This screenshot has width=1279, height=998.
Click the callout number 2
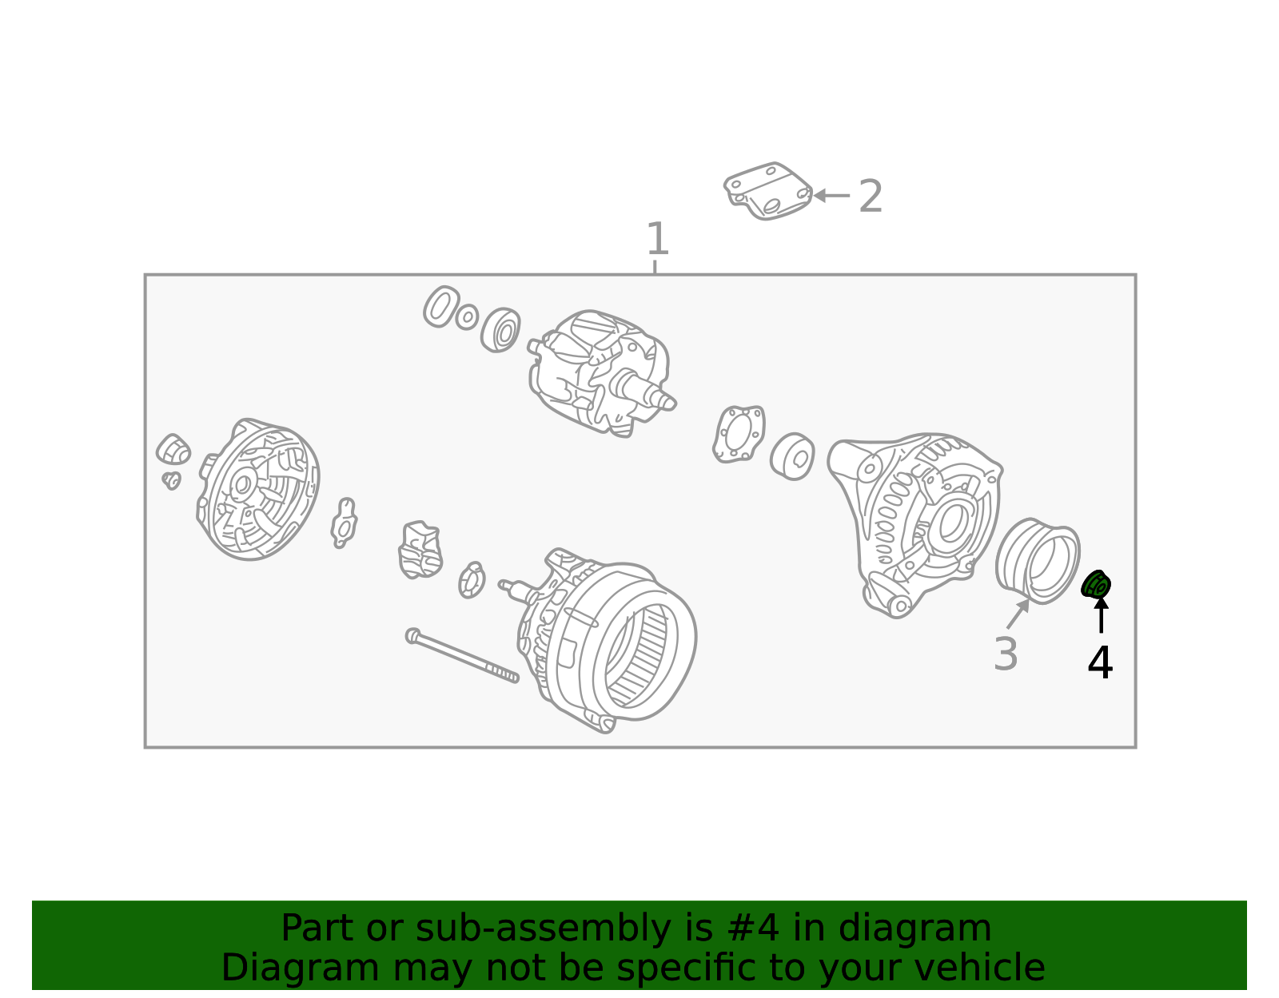point(871,197)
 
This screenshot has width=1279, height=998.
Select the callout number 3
point(1006,654)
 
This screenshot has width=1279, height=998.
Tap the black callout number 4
point(1100,662)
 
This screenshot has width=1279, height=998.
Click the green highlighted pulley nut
point(1096,585)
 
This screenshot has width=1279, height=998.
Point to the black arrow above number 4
point(1102,615)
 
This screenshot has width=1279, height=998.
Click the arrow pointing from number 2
point(832,195)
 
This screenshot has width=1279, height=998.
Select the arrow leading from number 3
point(1018,614)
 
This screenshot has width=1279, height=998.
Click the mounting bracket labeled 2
point(768,192)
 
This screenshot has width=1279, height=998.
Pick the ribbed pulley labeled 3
point(1038,560)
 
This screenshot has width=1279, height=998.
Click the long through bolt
point(462,656)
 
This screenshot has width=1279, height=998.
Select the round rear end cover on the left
point(258,489)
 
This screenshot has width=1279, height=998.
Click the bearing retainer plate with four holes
point(739,434)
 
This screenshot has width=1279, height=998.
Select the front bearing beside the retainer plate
point(792,457)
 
